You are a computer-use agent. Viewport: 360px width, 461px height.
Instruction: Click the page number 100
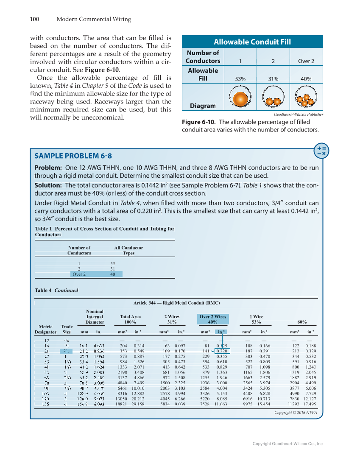point(34,19)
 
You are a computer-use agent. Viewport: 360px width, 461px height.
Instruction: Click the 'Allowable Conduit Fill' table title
point(252,42)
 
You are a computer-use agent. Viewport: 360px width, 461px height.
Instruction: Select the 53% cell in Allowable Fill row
point(240,79)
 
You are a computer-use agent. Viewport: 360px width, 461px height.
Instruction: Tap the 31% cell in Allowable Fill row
point(273,79)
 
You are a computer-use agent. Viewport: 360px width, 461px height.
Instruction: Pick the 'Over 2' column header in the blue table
point(306,61)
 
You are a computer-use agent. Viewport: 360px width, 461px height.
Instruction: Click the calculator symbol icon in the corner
point(321,151)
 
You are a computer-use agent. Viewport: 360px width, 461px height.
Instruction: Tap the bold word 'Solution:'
point(48,185)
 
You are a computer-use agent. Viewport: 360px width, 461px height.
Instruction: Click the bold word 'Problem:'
point(48,168)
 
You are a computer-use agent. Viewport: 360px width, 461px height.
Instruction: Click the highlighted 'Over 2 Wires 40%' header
point(213,319)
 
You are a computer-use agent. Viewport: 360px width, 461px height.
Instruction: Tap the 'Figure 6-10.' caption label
point(199,122)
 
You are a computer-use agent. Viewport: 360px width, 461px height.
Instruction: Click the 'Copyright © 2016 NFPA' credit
point(295,412)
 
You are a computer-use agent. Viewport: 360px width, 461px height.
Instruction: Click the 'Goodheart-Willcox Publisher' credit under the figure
point(299,115)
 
